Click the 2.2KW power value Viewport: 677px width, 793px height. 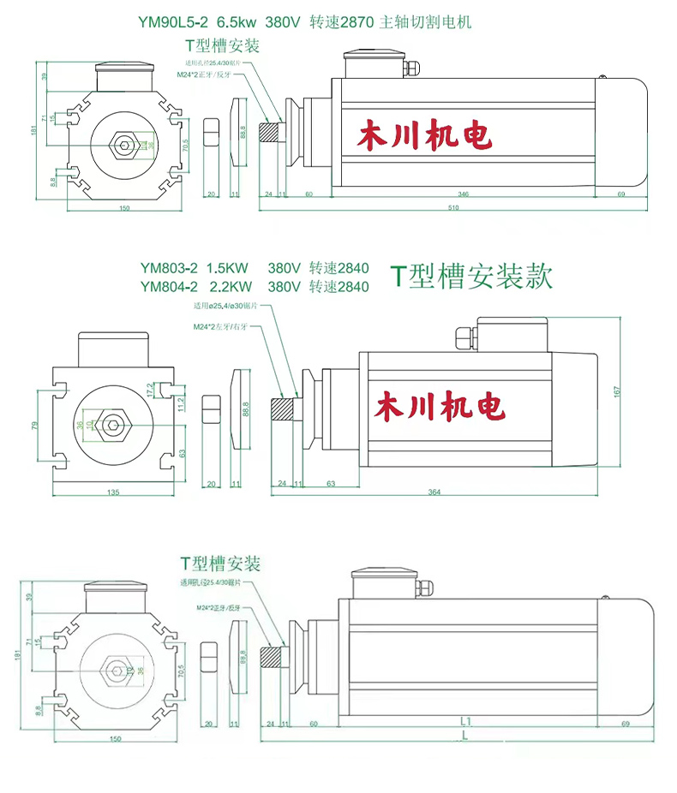point(231,286)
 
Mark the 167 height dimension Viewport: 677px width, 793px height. point(618,391)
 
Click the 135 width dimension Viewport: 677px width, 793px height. point(112,492)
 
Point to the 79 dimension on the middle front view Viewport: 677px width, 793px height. point(35,424)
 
